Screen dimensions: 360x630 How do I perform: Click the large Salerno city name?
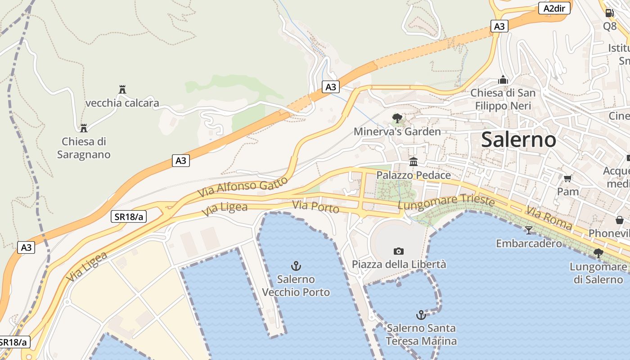pyautogui.click(x=518, y=139)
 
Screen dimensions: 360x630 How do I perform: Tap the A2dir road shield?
pyautogui.click(x=554, y=8)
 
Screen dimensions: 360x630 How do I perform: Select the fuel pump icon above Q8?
pyautogui.click(x=609, y=13)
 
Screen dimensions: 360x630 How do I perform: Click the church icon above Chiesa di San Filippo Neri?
pyautogui.click(x=503, y=80)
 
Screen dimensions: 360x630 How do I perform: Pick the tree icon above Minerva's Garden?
pyautogui.click(x=397, y=118)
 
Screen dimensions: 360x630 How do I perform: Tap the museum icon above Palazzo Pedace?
pyautogui.click(x=413, y=162)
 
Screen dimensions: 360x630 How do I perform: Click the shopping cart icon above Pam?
pyautogui.click(x=567, y=178)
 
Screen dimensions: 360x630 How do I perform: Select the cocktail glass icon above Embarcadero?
pyautogui.click(x=529, y=230)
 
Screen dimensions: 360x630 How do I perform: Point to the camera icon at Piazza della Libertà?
pyautogui.click(x=398, y=251)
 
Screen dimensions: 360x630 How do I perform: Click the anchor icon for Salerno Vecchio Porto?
pyautogui.click(x=296, y=266)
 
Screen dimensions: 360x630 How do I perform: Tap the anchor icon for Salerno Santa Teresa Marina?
pyautogui.click(x=421, y=315)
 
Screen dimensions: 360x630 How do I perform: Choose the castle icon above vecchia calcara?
pyautogui.click(x=122, y=90)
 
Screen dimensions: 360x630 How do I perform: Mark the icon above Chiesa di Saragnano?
pyautogui.click(x=83, y=128)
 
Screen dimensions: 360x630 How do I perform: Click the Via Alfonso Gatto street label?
pyautogui.click(x=243, y=187)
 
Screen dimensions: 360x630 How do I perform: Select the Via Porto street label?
pyautogui.click(x=315, y=207)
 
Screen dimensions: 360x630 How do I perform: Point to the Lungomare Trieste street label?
pyautogui.click(x=446, y=202)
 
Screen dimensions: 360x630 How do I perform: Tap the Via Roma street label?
pyautogui.click(x=549, y=218)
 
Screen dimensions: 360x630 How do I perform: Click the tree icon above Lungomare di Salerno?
pyautogui.click(x=598, y=253)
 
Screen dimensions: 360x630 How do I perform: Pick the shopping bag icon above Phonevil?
pyautogui.click(x=620, y=220)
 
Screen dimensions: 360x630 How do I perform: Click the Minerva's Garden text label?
pyautogui.click(x=397, y=132)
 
